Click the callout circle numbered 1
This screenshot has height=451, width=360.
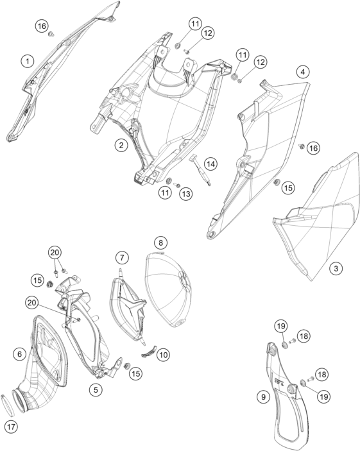28,61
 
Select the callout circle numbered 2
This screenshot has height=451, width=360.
121,145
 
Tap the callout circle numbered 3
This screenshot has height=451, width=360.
336,269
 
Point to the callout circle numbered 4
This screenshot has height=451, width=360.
303,72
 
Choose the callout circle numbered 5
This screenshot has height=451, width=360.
96,390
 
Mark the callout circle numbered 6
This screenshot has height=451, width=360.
19,353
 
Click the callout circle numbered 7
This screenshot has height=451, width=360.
123,257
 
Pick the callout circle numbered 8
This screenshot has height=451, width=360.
160,243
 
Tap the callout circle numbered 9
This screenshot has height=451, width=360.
263,397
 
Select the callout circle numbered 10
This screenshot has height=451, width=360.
163,355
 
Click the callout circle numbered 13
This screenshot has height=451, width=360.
186,194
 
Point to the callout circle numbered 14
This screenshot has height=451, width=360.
210,164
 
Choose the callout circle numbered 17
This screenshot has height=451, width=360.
11,426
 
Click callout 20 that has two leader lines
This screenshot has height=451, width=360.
55,252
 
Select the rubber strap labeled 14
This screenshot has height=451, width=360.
200,170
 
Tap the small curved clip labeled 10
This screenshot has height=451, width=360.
149,351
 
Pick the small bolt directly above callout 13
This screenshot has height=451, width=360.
178,185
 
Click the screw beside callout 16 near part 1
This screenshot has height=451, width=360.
51,34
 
